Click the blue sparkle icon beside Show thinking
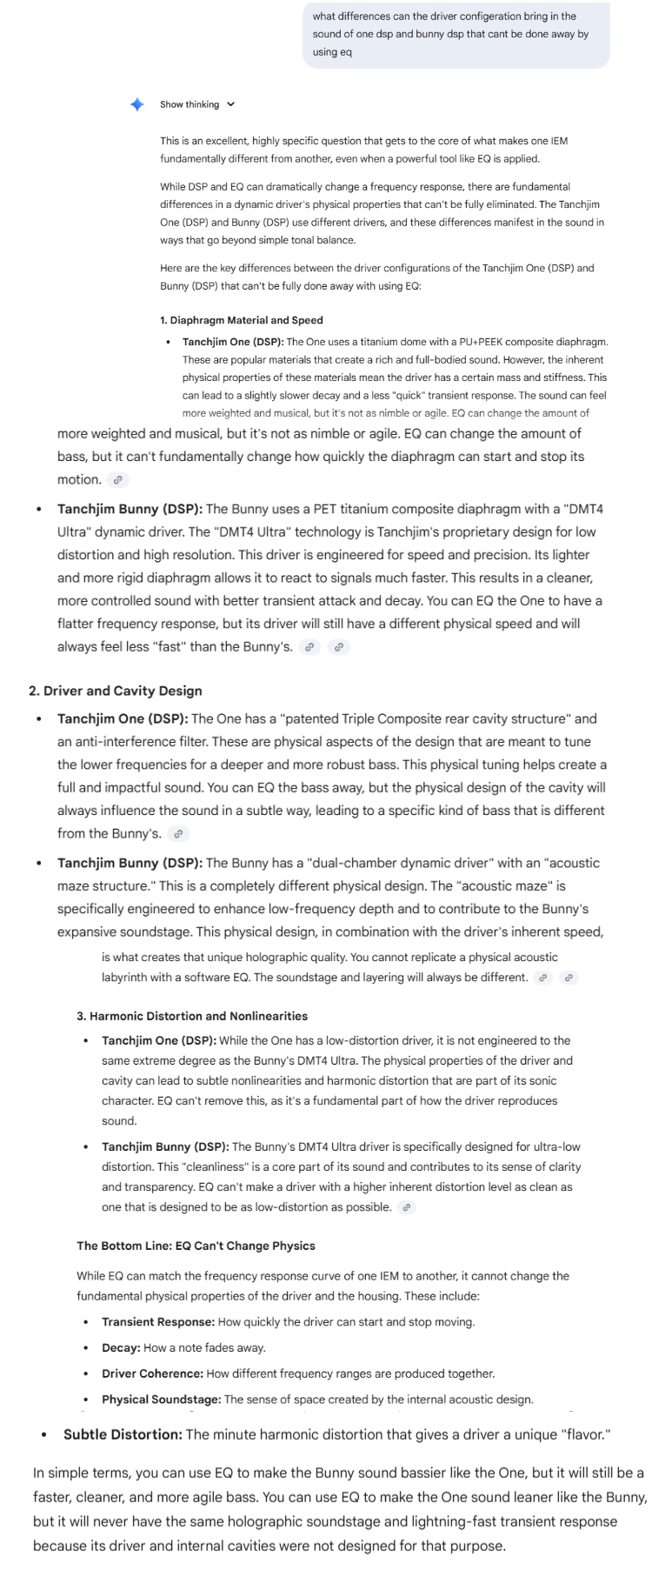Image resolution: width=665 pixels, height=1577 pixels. [137, 104]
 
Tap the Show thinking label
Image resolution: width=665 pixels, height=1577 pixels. [190, 104]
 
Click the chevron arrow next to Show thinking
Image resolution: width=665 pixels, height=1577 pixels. [230, 104]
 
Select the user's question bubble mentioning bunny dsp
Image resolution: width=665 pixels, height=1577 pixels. [456, 34]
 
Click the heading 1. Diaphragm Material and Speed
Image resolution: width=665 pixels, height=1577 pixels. [241, 320]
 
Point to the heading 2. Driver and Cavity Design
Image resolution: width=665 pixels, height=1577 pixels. [115, 691]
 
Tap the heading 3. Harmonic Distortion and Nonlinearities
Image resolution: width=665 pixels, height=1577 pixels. [192, 1016]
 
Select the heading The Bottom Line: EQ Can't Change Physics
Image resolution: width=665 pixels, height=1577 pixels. [196, 1246]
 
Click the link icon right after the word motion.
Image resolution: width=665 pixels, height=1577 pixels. [118, 479]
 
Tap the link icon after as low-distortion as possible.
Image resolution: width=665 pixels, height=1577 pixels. [407, 1207]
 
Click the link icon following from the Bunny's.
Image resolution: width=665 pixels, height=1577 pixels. [178, 833]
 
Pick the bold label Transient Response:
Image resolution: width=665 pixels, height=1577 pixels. [158, 1322]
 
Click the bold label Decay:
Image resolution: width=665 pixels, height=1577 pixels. [121, 1348]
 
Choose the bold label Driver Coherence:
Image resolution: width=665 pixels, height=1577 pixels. [152, 1373]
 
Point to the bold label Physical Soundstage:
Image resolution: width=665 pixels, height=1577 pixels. [162, 1400]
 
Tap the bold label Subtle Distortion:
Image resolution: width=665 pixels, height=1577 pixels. [123, 1434]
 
